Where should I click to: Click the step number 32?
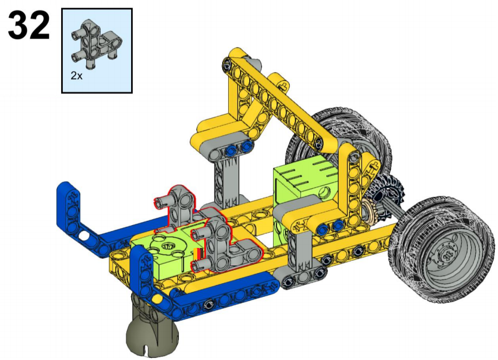tap(29, 25)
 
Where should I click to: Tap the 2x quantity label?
tap(76, 76)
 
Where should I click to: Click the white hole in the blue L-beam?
tap(83, 235)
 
